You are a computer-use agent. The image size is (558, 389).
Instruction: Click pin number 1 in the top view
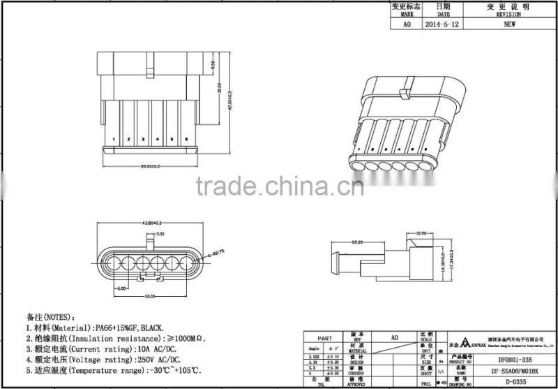[113, 140]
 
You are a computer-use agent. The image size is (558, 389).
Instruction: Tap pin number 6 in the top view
[187, 140]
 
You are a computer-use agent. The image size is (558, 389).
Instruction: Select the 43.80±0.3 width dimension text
[153, 223]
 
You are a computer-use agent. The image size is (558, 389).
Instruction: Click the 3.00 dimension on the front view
[160, 233]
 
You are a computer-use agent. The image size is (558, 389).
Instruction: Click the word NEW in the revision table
[509, 23]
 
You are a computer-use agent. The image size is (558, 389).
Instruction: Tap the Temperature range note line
[114, 370]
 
